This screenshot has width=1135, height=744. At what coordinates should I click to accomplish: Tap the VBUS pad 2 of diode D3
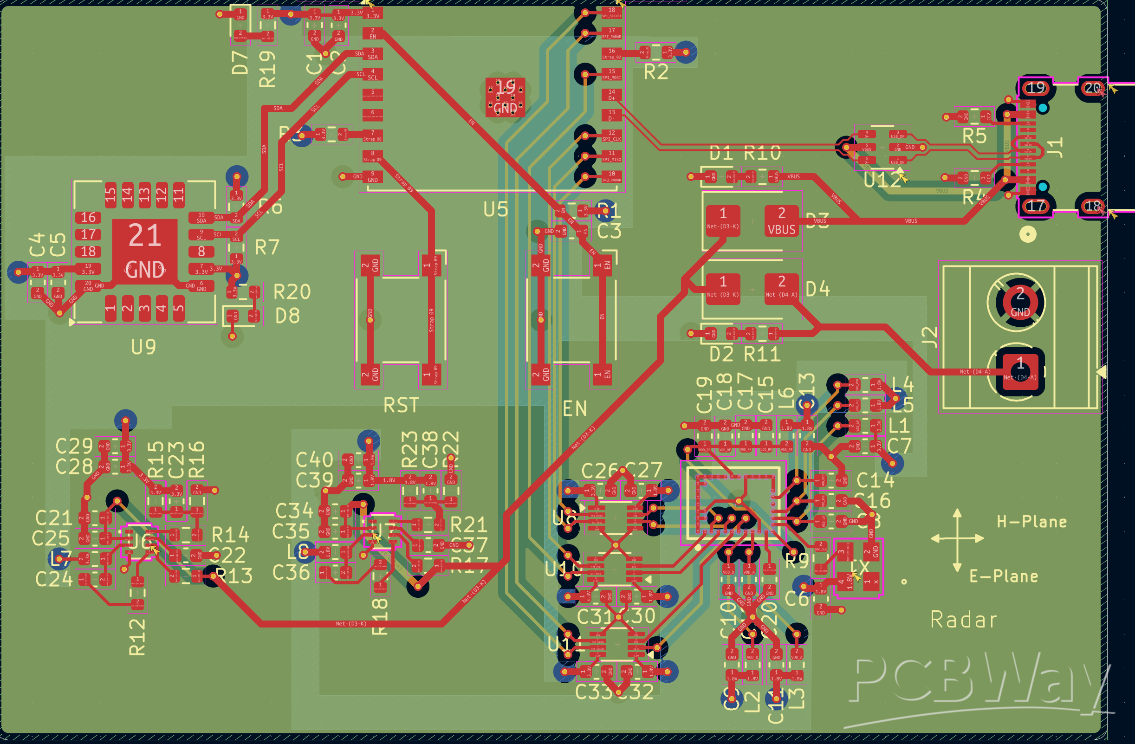[x=781, y=221]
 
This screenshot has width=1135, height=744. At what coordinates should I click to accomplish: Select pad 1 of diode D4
[x=723, y=288]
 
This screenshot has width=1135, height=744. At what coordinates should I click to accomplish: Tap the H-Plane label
[x=1031, y=522]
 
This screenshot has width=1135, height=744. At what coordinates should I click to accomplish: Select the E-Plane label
[x=1004, y=576]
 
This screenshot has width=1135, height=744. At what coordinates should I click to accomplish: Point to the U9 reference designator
[x=143, y=347]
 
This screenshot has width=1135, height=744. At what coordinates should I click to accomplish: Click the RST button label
[x=401, y=405]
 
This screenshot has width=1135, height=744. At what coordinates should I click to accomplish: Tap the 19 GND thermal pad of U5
[x=505, y=97]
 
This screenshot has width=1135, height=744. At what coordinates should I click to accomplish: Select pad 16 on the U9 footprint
[x=88, y=218]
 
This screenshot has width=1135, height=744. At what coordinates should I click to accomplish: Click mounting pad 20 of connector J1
[x=1093, y=88]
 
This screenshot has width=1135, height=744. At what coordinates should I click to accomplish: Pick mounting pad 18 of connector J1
[x=1093, y=206]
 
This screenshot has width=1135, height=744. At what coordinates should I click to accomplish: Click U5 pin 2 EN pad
[x=373, y=33]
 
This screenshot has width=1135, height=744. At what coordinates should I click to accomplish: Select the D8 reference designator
[x=287, y=316]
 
